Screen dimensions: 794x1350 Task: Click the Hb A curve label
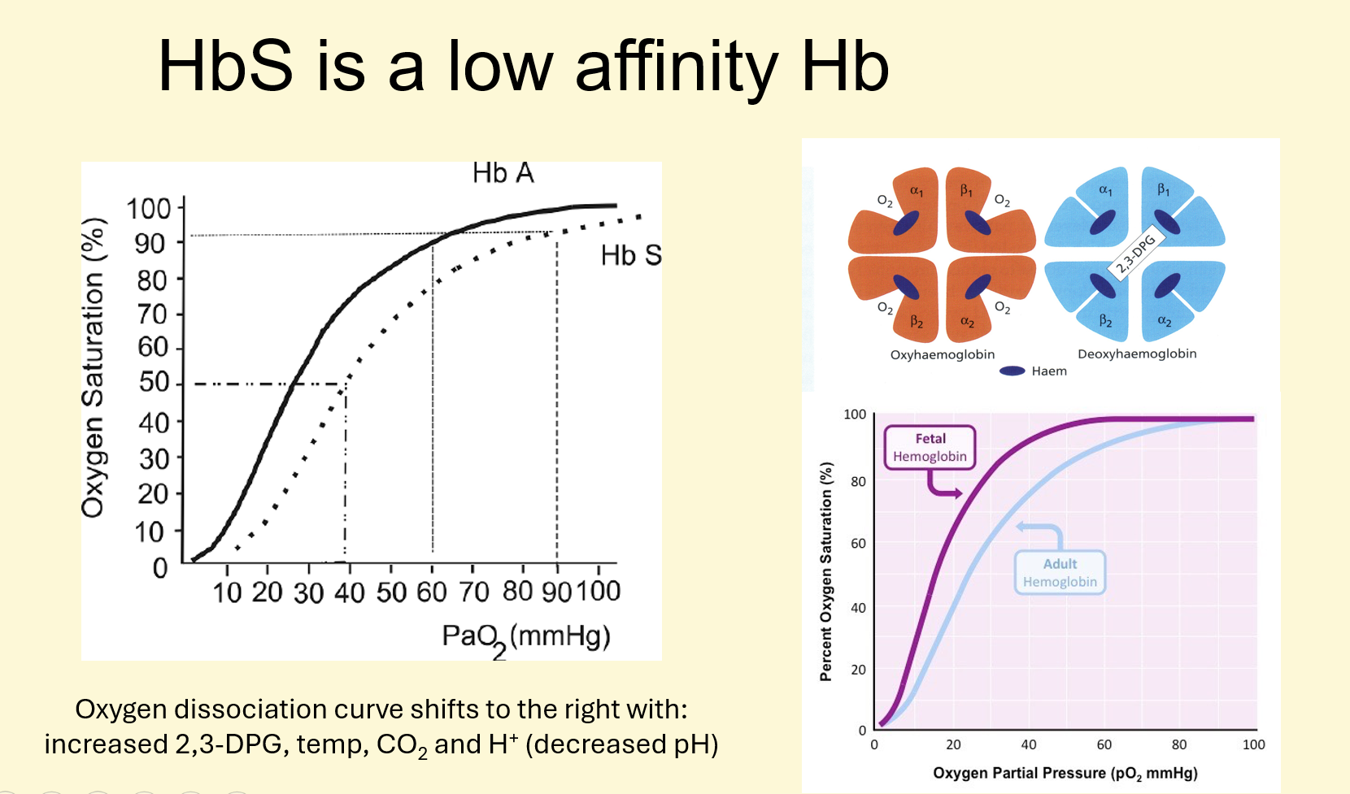tap(503, 173)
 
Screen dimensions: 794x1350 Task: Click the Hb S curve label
tap(630, 256)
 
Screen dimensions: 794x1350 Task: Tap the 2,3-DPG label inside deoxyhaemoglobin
tap(1135, 254)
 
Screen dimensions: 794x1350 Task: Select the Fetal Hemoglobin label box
tap(930, 448)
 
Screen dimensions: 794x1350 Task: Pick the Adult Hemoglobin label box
tap(1060, 573)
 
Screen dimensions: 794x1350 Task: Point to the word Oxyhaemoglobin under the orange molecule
tap(942, 354)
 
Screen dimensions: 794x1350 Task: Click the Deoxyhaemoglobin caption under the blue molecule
tap(1136, 354)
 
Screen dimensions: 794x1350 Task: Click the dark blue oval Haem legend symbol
tap(1012, 371)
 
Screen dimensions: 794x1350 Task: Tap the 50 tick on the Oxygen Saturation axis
tap(154, 383)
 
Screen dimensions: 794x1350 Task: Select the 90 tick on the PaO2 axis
tap(557, 592)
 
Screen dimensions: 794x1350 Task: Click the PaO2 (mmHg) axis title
tap(525, 637)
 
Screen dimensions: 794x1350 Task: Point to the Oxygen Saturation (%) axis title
tap(94, 367)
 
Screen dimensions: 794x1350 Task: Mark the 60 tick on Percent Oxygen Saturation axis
tap(858, 543)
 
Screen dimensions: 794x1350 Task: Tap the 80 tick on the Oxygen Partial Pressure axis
tap(1178, 744)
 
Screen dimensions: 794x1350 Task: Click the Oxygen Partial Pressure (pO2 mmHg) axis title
tap(1065, 773)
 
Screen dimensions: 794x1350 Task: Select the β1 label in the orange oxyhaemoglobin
tap(966, 190)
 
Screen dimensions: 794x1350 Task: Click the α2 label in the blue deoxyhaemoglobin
tap(1165, 322)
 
